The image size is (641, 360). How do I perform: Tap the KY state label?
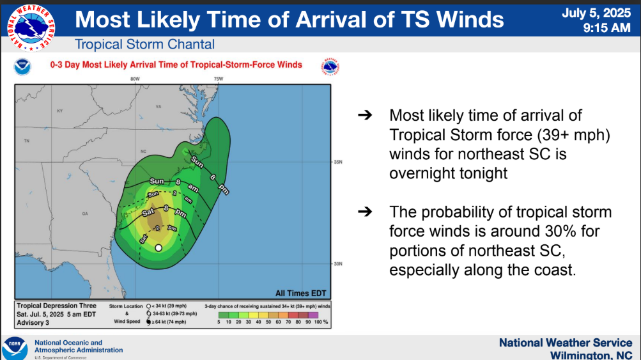pos(60,111)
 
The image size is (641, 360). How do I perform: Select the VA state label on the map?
pos(158,106)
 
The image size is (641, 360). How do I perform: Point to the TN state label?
pos(27,140)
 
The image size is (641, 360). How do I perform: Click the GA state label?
pos(84,214)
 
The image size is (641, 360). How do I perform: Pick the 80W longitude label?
pos(135,79)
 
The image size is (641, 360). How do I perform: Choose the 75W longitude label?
pos(218,79)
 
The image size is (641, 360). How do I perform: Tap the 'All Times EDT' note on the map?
pos(300,293)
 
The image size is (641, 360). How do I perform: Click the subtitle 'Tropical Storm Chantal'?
pos(144,45)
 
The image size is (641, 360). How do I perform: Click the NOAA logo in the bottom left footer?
pos(15,347)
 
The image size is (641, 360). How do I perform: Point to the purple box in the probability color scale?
pos(313,315)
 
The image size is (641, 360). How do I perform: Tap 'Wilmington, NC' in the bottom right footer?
pos(591,354)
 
